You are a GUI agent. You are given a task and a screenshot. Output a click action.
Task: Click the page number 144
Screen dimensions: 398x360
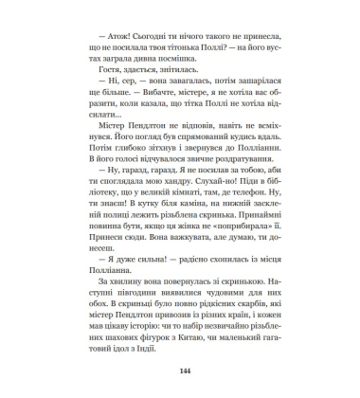pos(180,369)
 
